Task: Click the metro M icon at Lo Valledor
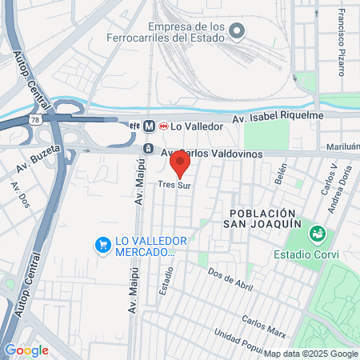coord(148,126)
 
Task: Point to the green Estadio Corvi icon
coord(318,233)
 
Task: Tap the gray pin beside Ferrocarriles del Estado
coord(236,31)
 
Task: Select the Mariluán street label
coord(342,147)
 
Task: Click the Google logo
coord(26,350)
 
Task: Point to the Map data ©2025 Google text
coord(311,354)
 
